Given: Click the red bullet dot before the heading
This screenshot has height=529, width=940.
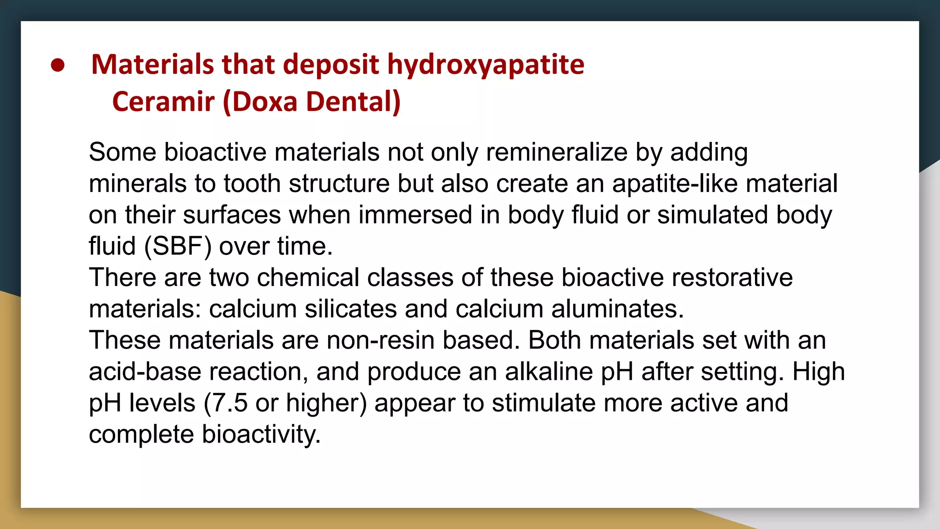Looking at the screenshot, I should [58, 66].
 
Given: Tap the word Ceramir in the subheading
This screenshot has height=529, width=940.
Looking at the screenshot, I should [163, 101].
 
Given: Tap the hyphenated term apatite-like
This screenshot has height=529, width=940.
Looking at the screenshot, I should [675, 184].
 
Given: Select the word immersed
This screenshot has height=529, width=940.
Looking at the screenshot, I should [415, 215].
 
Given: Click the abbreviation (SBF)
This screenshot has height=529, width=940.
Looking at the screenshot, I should [178, 246].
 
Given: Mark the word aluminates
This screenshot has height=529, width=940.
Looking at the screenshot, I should [617, 309].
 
